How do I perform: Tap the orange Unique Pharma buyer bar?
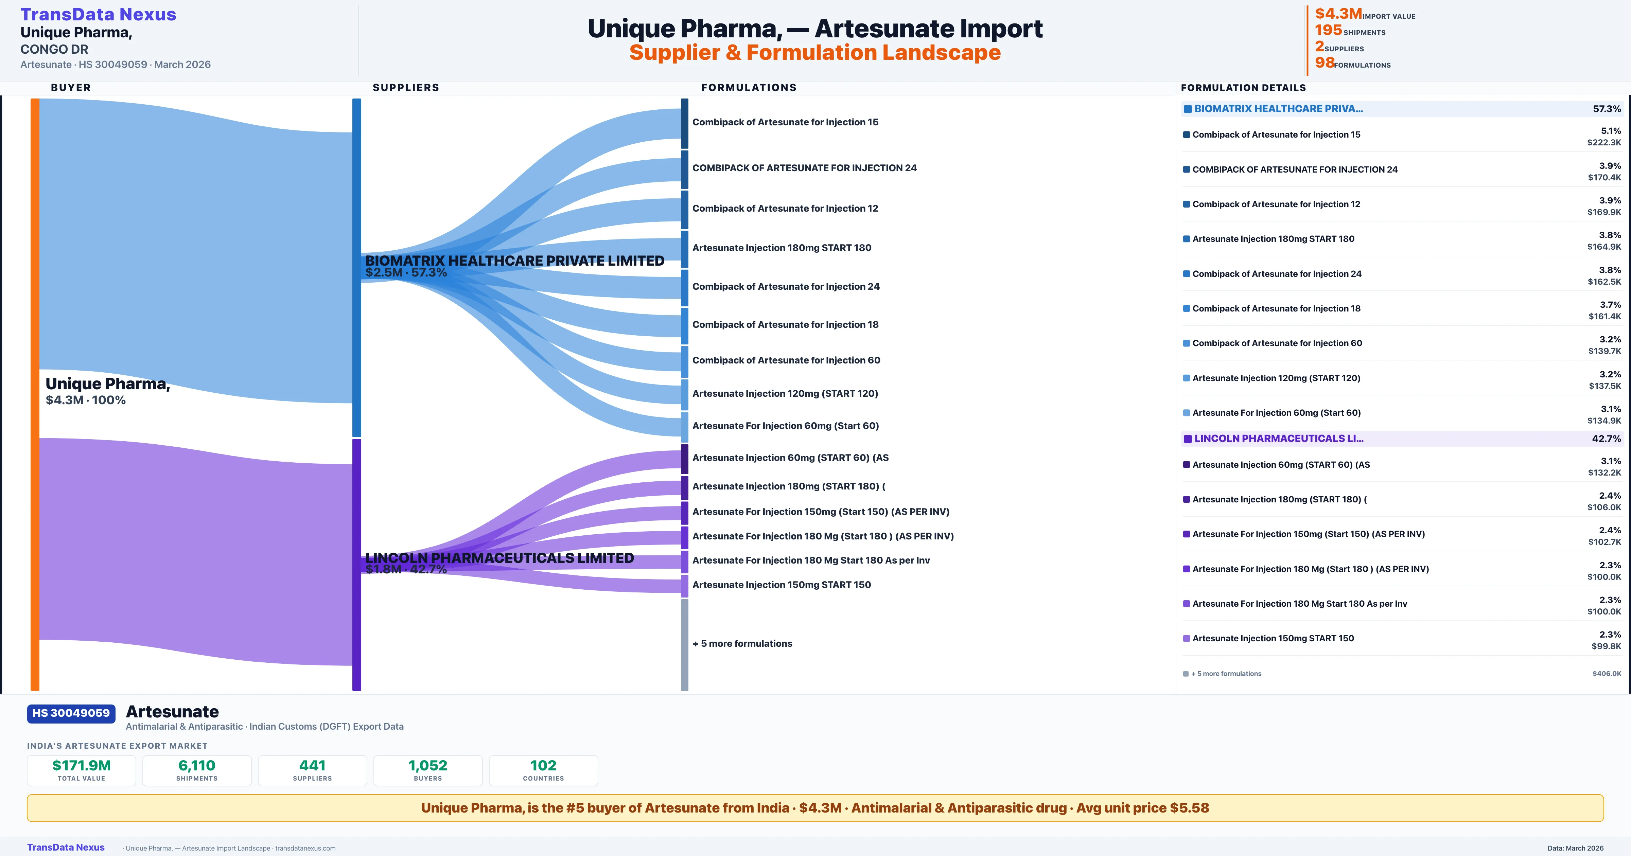pos(35,394)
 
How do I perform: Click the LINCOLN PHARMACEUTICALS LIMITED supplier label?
pos(499,558)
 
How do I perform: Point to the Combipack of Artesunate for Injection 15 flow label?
pos(785,122)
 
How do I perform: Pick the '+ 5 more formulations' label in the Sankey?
pos(742,643)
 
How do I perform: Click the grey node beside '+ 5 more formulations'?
pos(684,644)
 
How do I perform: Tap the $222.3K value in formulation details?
pos(1604,142)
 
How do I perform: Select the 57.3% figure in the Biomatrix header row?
pos(1607,109)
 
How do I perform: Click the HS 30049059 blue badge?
pos(71,714)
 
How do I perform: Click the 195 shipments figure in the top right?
pos(1328,30)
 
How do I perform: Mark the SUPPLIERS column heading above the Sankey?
pos(406,87)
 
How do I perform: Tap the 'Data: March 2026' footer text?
pos(1575,849)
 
